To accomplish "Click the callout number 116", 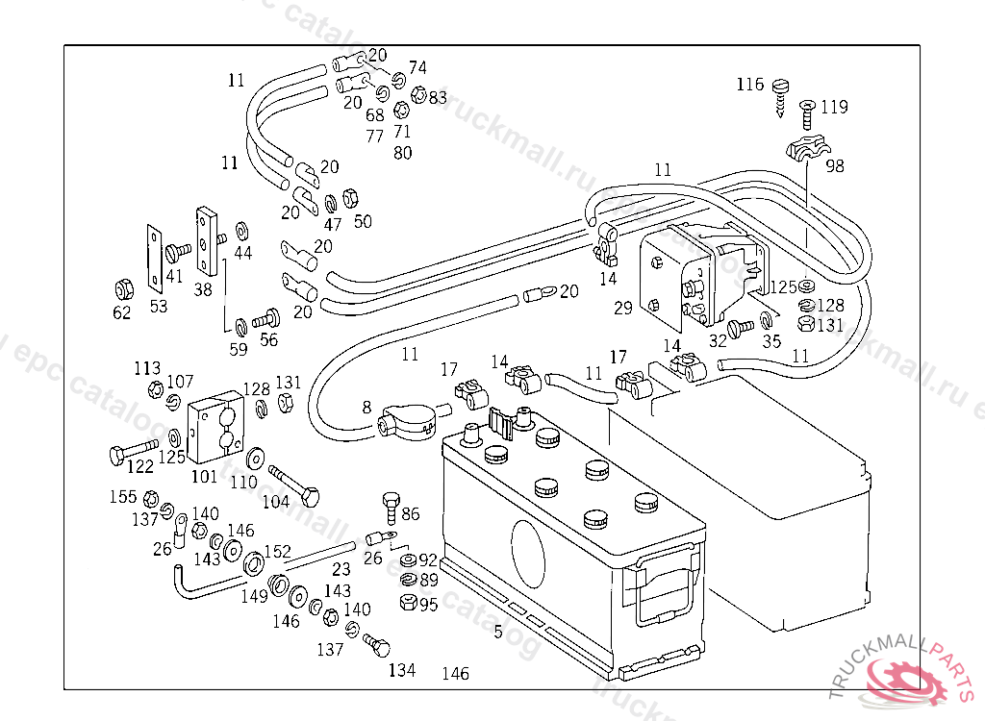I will point(750,84).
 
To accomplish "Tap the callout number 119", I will point(834,107).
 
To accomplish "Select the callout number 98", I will point(834,165).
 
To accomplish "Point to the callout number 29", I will point(623,308).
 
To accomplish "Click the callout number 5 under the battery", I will point(498,632).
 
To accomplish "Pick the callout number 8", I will point(366,407).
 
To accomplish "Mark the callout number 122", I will point(140,466).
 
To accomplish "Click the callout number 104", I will point(276,501).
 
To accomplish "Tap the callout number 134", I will point(402,670).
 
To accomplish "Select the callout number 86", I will point(411,514).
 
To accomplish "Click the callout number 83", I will point(438,97).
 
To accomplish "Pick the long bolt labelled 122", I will point(131,449).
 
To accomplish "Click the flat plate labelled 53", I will point(153,258).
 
